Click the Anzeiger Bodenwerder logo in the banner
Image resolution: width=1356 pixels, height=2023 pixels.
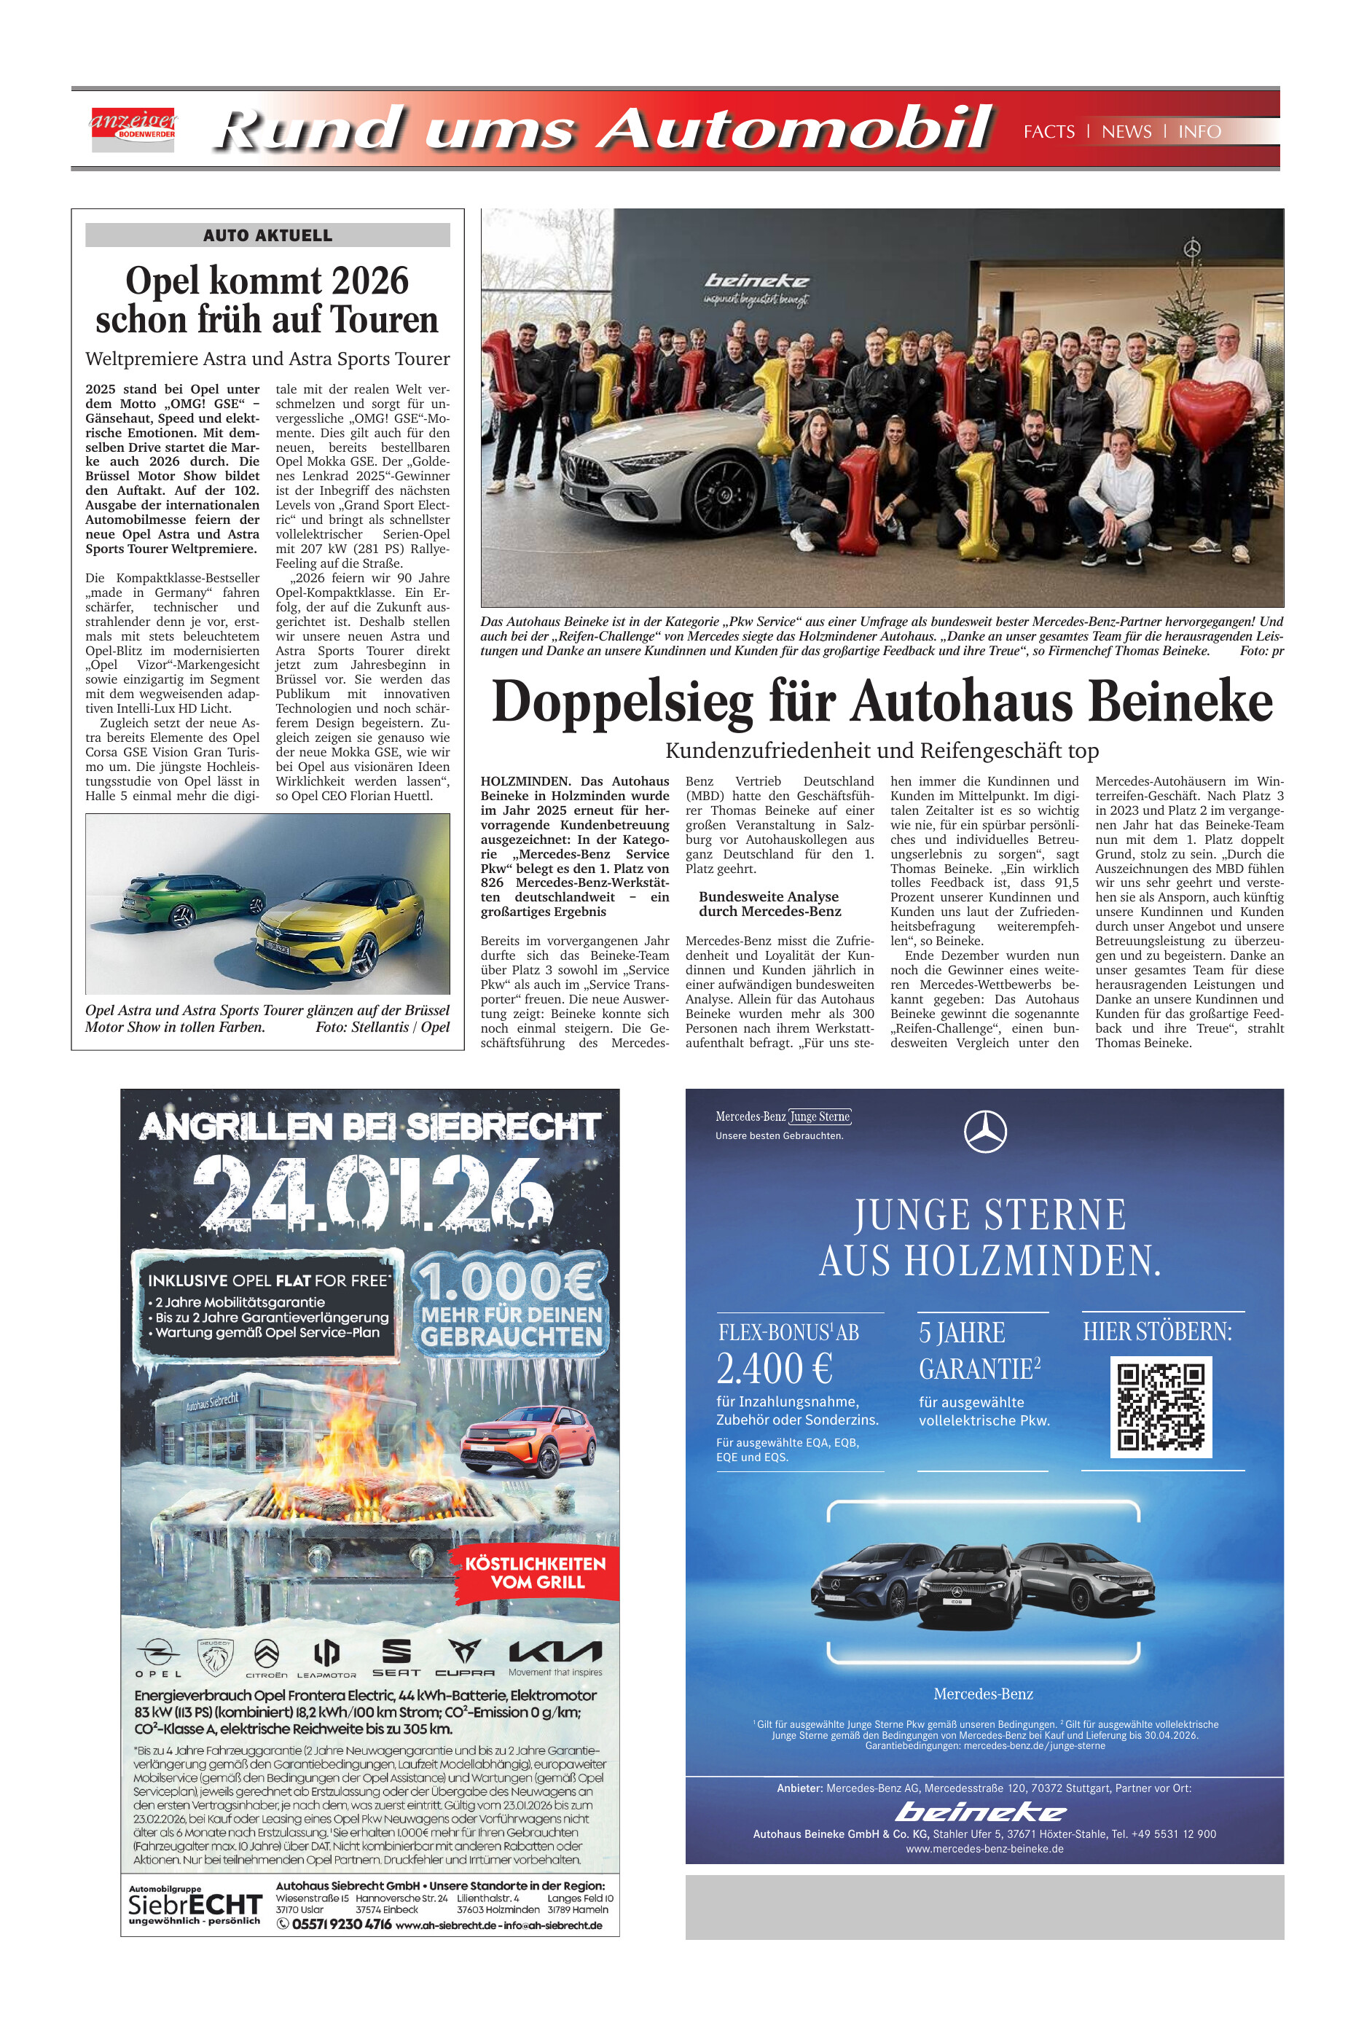(x=133, y=130)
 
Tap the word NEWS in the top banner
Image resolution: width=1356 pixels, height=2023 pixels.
(x=1126, y=131)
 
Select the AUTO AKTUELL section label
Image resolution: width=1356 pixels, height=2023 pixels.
(x=267, y=235)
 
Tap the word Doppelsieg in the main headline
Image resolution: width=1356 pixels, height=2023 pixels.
(x=623, y=702)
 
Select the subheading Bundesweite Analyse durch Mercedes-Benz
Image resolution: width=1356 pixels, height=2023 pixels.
(x=769, y=904)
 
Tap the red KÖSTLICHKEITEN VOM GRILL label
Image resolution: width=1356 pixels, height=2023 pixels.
(x=536, y=1573)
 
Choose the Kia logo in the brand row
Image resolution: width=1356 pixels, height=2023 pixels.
(x=554, y=1652)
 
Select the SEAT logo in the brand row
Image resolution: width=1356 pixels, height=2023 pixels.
(x=396, y=1654)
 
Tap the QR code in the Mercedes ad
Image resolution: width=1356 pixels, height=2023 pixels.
(x=1161, y=1407)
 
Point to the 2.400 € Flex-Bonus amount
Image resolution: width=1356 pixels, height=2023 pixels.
(x=775, y=1369)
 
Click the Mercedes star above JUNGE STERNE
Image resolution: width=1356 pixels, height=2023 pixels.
(x=985, y=1131)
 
